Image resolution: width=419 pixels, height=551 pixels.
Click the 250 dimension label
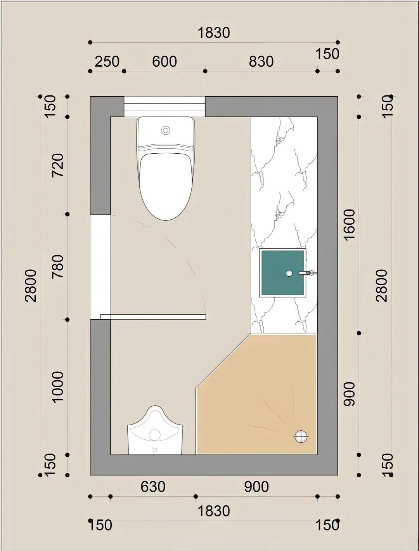click(107, 61)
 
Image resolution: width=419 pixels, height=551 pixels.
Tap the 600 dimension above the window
click(164, 61)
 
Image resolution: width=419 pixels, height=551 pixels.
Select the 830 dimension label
click(261, 61)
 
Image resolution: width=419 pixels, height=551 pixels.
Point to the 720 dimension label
click(58, 166)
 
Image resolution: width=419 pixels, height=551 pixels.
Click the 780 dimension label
click(58, 267)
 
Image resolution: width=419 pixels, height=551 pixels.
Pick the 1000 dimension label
click(58, 387)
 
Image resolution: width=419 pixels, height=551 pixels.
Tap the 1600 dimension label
click(349, 225)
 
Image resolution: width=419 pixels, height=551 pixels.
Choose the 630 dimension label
click(153, 487)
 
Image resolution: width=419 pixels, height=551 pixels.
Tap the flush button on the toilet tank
click(166, 130)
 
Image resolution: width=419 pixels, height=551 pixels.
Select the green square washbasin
click(283, 273)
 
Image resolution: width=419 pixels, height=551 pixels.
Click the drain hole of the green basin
click(289, 273)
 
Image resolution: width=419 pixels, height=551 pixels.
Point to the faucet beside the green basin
click(308, 272)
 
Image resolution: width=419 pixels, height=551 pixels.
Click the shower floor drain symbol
click(301, 437)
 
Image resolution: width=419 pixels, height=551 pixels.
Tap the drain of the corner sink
click(155, 450)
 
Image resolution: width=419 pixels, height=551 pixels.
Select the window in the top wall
click(164, 107)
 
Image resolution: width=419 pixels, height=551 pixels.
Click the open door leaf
click(153, 317)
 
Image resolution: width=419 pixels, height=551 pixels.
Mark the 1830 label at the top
click(214, 33)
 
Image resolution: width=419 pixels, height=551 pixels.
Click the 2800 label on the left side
click(31, 286)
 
